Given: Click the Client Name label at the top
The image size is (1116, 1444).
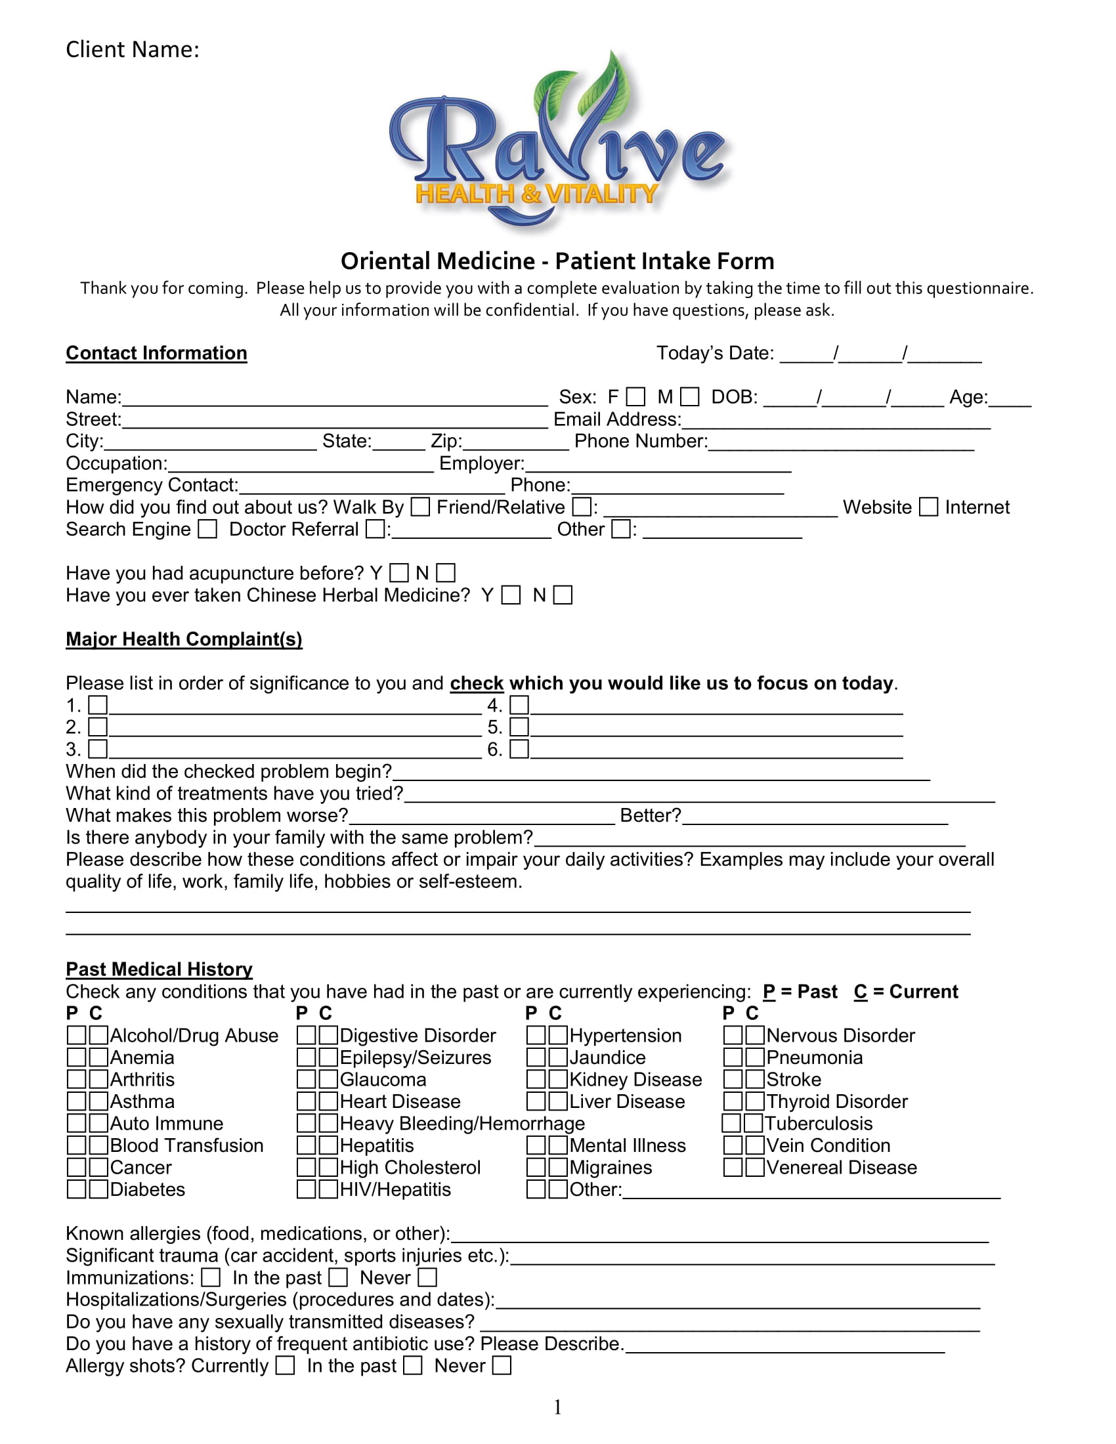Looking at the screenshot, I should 132,50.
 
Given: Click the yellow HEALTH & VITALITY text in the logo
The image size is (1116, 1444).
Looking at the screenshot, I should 536,194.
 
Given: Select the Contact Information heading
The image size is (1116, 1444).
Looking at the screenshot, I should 156,353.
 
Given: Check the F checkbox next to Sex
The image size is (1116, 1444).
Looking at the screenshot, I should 635,396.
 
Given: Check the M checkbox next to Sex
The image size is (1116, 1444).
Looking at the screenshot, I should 689,396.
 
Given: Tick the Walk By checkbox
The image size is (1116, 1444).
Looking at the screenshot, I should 421,507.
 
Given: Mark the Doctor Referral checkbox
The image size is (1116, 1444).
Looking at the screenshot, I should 376,529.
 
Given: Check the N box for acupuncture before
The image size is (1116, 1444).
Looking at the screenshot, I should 446,572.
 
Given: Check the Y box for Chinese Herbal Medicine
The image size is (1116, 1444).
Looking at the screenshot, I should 510,595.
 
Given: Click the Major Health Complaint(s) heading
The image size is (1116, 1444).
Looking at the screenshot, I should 184,639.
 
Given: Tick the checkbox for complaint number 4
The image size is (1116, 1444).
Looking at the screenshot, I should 519,705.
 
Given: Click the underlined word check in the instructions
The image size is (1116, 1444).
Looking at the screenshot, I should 476,683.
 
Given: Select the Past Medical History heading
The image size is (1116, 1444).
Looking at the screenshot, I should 159,969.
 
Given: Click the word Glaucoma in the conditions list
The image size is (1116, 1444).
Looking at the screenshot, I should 383,1080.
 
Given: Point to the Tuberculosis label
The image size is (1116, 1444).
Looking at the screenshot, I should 819,1123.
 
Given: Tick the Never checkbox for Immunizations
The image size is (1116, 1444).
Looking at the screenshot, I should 428,1277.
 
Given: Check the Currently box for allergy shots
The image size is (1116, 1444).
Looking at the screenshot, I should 285,1365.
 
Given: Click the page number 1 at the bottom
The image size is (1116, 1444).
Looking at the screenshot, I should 557,1408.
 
